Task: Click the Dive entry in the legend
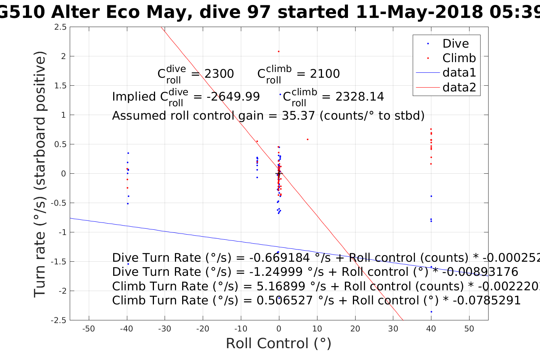click(x=455, y=44)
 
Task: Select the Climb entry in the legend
click(x=459, y=58)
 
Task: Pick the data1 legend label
click(x=459, y=73)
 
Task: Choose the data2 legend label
click(x=459, y=88)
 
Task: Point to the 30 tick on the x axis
click(x=393, y=329)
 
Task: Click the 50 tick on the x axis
click(x=469, y=329)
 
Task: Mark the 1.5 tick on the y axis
click(x=59, y=86)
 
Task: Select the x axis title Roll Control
click(x=279, y=344)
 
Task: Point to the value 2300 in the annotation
click(x=219, y=74)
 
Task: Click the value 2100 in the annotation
click(x=325, y=74)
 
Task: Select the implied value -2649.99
click(x=233, y=97)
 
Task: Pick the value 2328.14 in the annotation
click(x=359, y=97)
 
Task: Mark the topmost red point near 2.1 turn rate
click(x=279, y=51)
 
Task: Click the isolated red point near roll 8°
click(x=308, y=139)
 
